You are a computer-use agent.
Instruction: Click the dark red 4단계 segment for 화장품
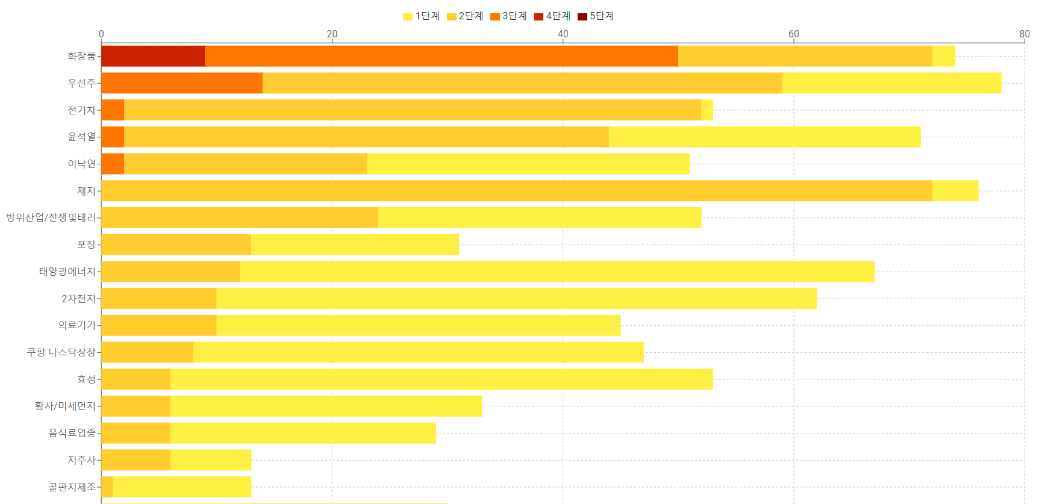click(153, 56)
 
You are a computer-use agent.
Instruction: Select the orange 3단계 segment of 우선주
click(182, 83)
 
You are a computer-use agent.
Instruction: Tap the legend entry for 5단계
click(596, 16)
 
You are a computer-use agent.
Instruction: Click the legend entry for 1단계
click(422, 16)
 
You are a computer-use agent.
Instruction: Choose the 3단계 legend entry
click(508, 16)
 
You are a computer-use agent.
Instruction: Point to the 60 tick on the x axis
click(794, 34)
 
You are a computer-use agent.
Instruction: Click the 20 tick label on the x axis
click(332, 34)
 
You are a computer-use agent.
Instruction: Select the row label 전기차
click(81, 110)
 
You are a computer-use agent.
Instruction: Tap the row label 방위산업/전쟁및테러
click(51, 217)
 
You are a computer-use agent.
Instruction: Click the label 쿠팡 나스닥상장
click(61, 352)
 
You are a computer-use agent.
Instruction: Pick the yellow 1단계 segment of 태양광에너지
click(557, 272)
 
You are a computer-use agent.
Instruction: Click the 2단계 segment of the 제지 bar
click(516, 191)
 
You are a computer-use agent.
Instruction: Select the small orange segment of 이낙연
click(113, 164)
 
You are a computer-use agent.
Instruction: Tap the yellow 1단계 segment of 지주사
click(210, 460)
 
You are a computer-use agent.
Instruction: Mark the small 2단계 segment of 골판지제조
click(107, 487)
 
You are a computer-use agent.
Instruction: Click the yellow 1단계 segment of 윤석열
click(764, 137)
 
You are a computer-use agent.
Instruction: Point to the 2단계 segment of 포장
click(176, 244)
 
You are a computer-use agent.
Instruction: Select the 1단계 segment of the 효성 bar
click(441, 379)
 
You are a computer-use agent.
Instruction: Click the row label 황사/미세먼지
click(65, 406)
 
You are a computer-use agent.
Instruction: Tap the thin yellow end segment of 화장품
click(943, 56)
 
